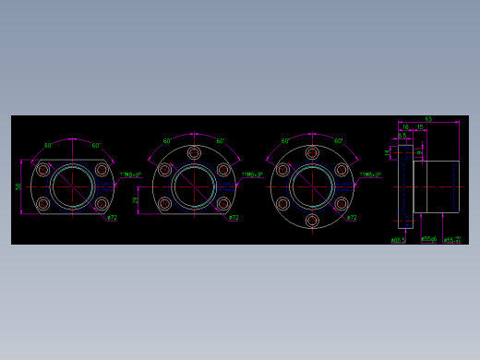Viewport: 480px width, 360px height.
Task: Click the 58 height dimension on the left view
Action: (x=18, y=186)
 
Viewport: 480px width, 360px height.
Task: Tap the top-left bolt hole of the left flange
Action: (x=43, y=170)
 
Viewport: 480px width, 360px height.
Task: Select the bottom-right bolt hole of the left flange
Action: (x=102, y=203)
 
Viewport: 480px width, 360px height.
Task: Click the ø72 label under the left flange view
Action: (x=112, y=218)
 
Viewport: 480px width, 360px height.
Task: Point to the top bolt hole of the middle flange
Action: (x=194, y=153)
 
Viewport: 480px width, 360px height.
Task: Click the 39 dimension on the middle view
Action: (x=136, y=199)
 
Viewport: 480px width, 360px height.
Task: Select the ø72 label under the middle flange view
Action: (x=234, y=218)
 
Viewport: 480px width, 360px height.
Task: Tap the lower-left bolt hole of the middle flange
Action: (x=165, y=203)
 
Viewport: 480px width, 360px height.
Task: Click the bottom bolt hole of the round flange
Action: (x=312, y=221)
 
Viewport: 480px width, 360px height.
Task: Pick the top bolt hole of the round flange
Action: (x=312, y=153)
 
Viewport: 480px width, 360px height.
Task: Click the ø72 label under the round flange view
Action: (x=352, y=218)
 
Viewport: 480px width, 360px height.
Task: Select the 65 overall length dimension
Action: (x=428, y=119)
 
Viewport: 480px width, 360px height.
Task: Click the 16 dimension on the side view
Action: (x=405, y=127)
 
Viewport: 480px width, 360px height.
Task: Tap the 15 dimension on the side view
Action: (x=420, y=127)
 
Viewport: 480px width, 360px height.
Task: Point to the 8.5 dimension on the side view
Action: (x=402, y=136)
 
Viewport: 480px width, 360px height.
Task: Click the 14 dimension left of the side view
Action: (x=388, y=152)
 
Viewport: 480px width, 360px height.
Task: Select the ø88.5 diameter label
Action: (x=398, y=240)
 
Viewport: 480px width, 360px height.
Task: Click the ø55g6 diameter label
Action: (x=428, y=239)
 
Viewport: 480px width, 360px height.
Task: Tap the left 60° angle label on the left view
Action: (x=48, y=145)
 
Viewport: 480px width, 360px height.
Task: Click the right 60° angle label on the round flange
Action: (x=339, y=141)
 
